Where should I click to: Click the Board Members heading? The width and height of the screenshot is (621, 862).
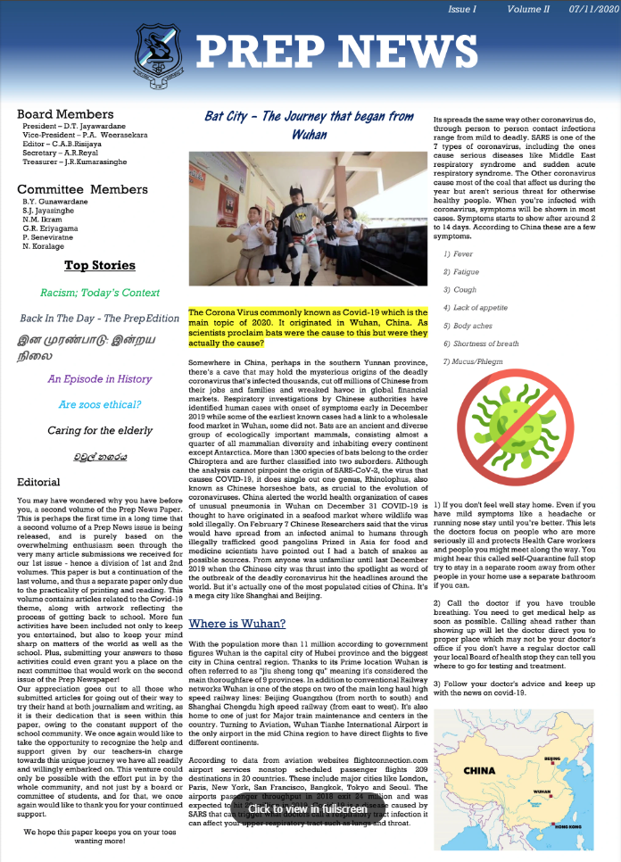[65, 114]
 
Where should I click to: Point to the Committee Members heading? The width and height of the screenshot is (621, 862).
[82, 189]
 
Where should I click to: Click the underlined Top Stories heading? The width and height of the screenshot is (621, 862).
[99, 265]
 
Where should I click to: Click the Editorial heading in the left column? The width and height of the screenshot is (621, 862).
[38, 482]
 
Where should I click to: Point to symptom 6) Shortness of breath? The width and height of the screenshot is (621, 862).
[481, 344]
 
